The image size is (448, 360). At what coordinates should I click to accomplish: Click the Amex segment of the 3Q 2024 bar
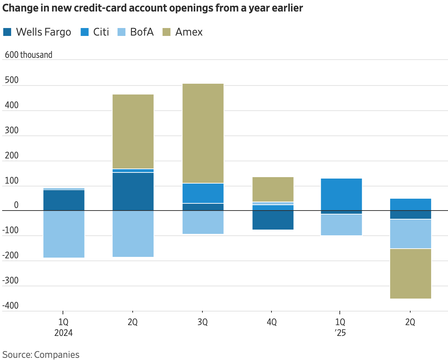click(x=203, y=133)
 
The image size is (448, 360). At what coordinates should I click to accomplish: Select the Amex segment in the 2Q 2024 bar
click(x=133, y=131)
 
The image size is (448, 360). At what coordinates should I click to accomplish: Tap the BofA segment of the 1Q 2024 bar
click(x=64, y=234)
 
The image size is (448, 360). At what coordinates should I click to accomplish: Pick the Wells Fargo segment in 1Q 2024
click(x=64, y=200)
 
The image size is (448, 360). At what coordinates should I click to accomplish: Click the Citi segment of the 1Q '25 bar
click(x=342, y=196)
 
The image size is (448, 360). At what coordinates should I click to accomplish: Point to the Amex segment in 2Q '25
click(x=411, y=274)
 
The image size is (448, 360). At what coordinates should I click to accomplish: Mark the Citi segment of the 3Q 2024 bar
click(x=203, y=193)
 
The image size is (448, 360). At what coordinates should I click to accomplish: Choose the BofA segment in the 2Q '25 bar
click(x=411, y=234)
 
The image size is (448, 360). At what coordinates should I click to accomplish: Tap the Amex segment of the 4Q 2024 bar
click(x=273, y=189)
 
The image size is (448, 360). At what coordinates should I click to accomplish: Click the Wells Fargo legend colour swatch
click(x=7, y=32)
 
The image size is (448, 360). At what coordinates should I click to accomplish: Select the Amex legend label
click(x=189, y=32)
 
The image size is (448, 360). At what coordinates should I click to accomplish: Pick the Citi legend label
click(x=101, y=32)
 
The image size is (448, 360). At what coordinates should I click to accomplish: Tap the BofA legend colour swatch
click(x=122, y=32)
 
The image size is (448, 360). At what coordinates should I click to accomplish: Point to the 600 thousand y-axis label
click(x=28, y=55)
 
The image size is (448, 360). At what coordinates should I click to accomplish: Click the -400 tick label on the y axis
click(x=10, y=305)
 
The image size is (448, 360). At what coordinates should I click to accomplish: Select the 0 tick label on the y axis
click(x=16, y=205)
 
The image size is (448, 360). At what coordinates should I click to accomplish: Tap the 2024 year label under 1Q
click(x=64, y=333)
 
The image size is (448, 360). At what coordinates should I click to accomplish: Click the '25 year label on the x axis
click(x=340, y=333)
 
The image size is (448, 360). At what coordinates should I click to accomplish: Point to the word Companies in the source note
click(x=56, y=355)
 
